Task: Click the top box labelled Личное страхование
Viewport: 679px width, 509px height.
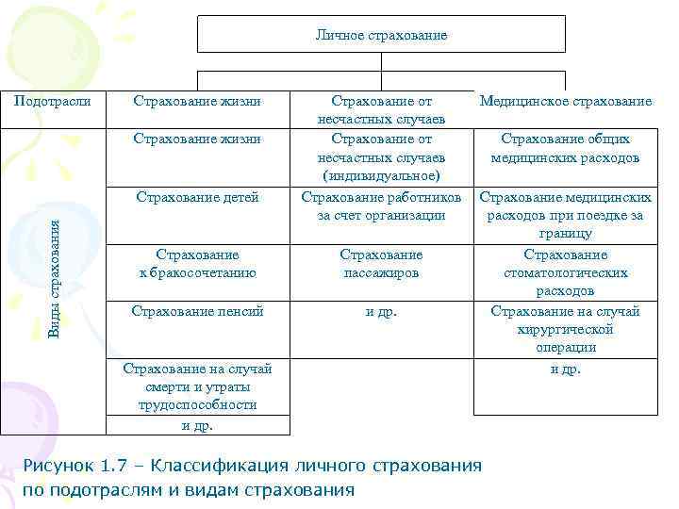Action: tap(381, 35)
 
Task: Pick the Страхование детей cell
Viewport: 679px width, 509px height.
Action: tap(197, 197)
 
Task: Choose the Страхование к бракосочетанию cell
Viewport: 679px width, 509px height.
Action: tap(197, 264)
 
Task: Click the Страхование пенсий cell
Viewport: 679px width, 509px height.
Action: tap(197, 310)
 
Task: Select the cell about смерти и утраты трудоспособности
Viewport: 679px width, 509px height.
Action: tap(197, 386)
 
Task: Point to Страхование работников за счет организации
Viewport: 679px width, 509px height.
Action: tap(381, 206)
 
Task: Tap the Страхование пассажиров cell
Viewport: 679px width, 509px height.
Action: tap(381, 264)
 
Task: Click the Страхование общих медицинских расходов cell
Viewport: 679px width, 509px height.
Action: tap(566, 148)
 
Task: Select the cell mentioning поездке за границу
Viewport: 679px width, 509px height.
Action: tap(566, 215)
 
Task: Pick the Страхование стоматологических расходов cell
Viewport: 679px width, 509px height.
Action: tap(566, 273)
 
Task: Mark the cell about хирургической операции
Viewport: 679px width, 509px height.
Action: tap(566, 329)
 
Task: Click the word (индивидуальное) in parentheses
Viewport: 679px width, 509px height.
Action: tap(381, 176)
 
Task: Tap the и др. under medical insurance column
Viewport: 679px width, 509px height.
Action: tap(566, 369)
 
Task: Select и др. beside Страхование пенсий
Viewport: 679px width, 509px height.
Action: tap(381, 310)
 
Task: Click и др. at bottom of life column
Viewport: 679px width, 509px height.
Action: tap(197, 425)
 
